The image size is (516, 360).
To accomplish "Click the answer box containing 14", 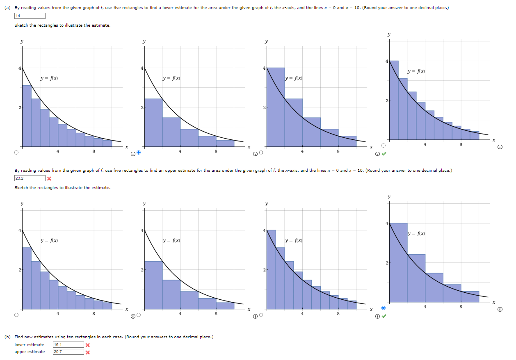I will (30, 16).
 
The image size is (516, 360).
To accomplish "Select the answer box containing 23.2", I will (30, 178).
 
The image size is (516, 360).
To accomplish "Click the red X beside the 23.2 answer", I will (49, 178).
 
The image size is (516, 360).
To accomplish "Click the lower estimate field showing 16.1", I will (68, 345).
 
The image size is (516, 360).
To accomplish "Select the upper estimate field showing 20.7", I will (68, 352).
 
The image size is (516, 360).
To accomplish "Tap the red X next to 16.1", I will (88, 345).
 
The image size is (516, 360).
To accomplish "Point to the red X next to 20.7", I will (88, 352).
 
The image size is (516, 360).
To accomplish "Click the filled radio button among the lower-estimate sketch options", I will (138, 153).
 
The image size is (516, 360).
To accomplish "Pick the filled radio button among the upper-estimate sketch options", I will (384, 308).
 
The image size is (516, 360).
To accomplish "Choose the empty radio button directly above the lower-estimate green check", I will (383, 146).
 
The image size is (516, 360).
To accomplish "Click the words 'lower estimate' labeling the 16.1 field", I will (29, 345).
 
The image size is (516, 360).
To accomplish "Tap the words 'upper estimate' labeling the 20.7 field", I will (30, 352).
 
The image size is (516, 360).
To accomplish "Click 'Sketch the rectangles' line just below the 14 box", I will (62, 25).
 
